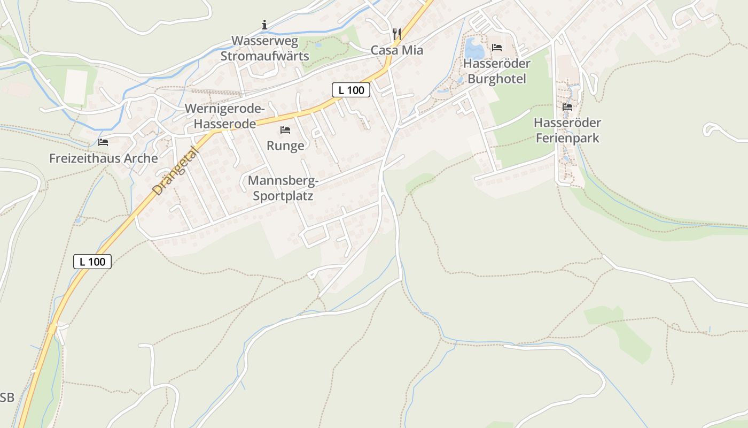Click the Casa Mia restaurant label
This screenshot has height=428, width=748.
click(x=397, y=50)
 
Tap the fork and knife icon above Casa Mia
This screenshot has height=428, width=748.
click(x=396, y=34)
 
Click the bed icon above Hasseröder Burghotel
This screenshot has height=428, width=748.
click(x=497, y=48)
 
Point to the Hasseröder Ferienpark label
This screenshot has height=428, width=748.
click(x=567, y=131)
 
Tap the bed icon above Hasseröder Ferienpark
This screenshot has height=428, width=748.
click(x=567, y=107)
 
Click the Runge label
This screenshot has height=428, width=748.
click(x=285, y=146)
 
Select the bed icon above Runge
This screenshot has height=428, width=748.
click(x=285, y=130)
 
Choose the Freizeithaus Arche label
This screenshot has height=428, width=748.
click(x=104, y=158)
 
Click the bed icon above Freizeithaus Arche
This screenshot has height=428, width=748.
click(x=103, y=142)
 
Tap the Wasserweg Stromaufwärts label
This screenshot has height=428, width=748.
click(x=264, y=49)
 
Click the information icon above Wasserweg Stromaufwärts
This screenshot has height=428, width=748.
click(x=264, y=25)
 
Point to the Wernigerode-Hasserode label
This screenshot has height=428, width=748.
click(x=224, y=116)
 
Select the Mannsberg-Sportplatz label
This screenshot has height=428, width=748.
click(x=283, y=188)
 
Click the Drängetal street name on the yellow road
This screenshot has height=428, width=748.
click(x=175, y=171)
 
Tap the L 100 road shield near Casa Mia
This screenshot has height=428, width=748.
click(x=351, y=90)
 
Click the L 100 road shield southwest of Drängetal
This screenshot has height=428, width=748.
click(x=92, y=262)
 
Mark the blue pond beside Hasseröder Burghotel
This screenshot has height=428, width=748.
click(x=473, y=49)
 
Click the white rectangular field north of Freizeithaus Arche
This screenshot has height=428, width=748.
click(x=76, y=87)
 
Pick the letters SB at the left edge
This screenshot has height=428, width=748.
click(x=7, y=398)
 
